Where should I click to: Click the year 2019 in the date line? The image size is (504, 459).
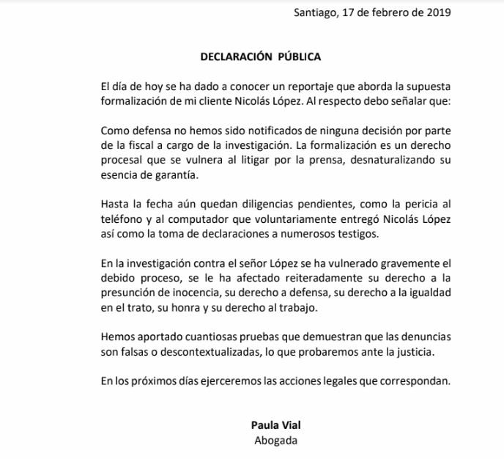[437, 12]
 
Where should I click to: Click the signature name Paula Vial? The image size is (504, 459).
[272, 424]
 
